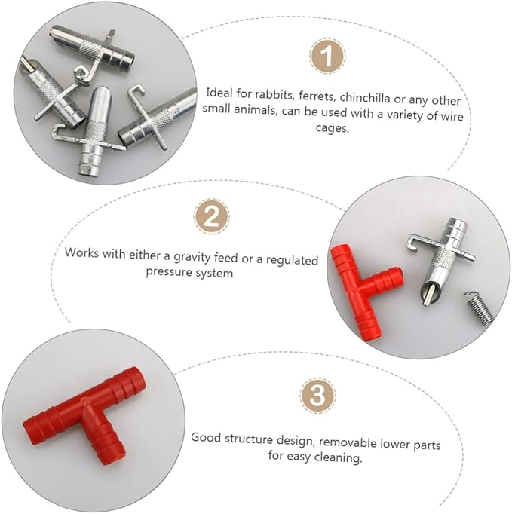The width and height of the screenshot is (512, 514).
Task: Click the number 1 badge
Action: [x=327, y=56]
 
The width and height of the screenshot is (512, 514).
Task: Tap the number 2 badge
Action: [x=211, y=216]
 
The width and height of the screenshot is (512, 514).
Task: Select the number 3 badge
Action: [x=317, y=396]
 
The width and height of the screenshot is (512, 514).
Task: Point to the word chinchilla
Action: [x=365, y=98]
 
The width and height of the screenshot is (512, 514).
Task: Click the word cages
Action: [x=332, y=127]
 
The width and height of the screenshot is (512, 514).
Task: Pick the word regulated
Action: [x=292, y=260]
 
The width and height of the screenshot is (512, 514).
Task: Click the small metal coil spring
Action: [x=478, y=307]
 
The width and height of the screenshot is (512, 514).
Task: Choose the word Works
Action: [x=81, y=252]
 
